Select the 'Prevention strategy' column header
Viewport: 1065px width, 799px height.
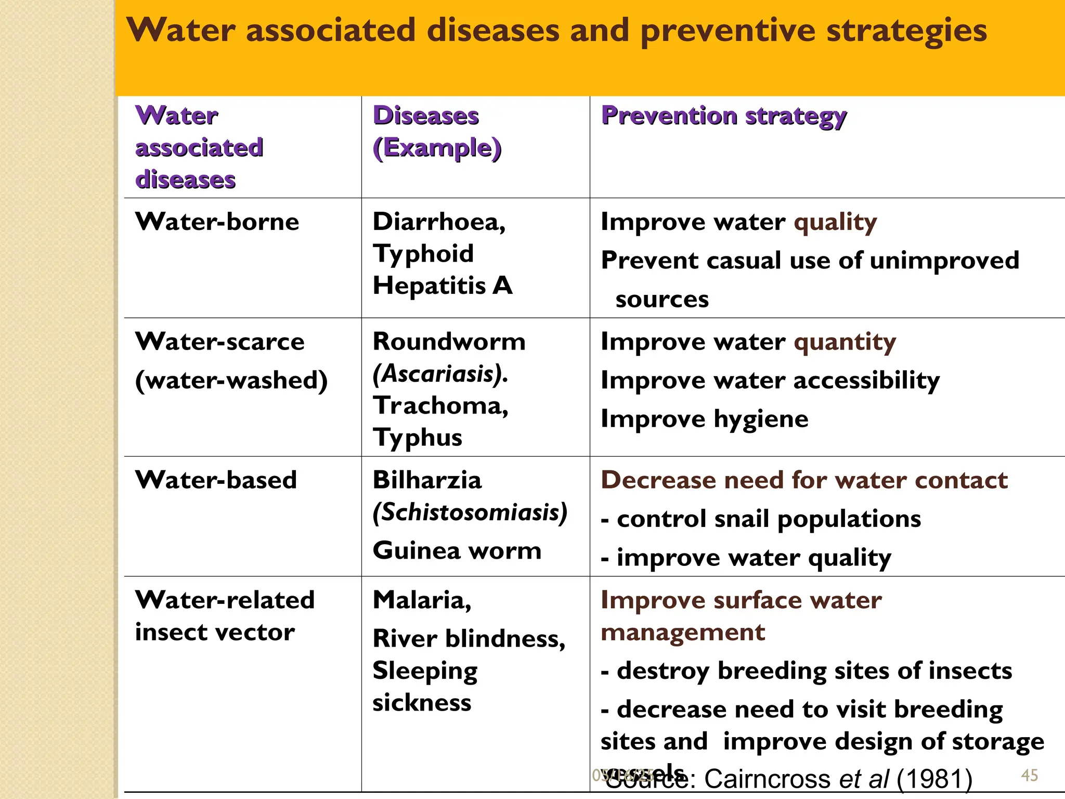(x=723, y=116)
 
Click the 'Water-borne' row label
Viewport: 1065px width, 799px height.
(x=217, y=222)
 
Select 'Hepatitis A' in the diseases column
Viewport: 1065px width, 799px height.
(x=443, y=286)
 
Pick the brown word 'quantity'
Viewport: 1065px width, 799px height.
(x=845, y=342)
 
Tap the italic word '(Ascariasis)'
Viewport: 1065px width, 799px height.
(x=440, y=373)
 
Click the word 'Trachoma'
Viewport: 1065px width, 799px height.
(x=440, y=406)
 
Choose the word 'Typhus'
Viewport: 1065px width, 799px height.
(x=417, y=437)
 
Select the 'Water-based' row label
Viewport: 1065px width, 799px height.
(x=216, y=480)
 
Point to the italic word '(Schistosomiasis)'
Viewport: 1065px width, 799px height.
(x=470, y=512)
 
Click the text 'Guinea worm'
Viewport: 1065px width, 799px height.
(x=457, y=550)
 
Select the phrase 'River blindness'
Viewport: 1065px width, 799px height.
(x=469, y=639)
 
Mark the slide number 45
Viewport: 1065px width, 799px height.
(x=1030, y=775)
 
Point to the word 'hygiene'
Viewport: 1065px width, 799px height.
(x=761, y=419)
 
